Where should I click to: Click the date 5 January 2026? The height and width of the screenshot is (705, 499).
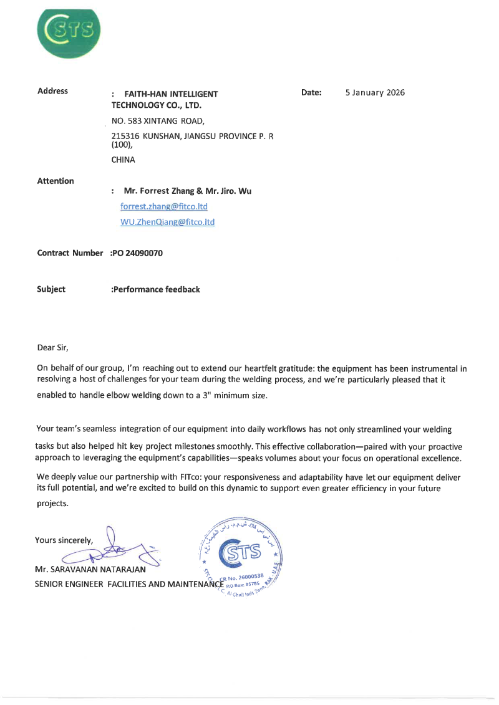point(375,93)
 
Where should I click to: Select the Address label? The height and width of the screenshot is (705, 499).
point(52,91)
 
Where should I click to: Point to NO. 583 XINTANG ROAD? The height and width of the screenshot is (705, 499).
point(157,121)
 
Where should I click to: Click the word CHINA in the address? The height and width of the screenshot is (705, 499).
point(123,160)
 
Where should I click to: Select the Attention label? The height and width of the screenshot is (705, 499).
point(56,181)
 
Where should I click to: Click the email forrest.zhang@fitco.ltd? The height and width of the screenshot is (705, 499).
point(163,206)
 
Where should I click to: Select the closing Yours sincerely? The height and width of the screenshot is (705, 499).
point(64,540)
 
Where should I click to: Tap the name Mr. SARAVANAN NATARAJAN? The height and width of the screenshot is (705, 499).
point(90,569)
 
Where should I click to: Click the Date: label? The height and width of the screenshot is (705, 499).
point(311,93)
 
